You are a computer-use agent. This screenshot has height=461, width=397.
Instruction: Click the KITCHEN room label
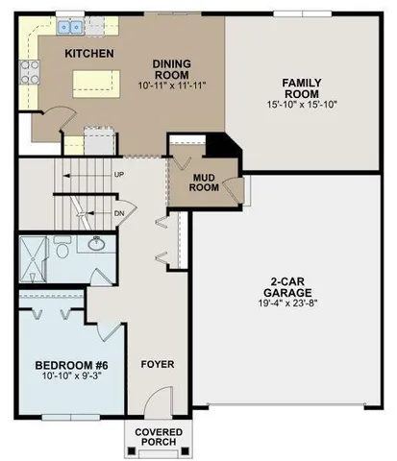pyautogui.click(x=89, y=53)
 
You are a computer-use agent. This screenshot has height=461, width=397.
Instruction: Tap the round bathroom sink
pyautogui.click(x=96, y=244)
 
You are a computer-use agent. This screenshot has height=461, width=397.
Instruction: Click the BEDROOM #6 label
pyautogui.click(x=69, y=365)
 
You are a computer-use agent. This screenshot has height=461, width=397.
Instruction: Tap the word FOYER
pyautogui.click(x=157, y=364)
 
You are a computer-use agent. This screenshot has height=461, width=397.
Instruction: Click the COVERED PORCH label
pyautogui.click(x=157, y=438)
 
